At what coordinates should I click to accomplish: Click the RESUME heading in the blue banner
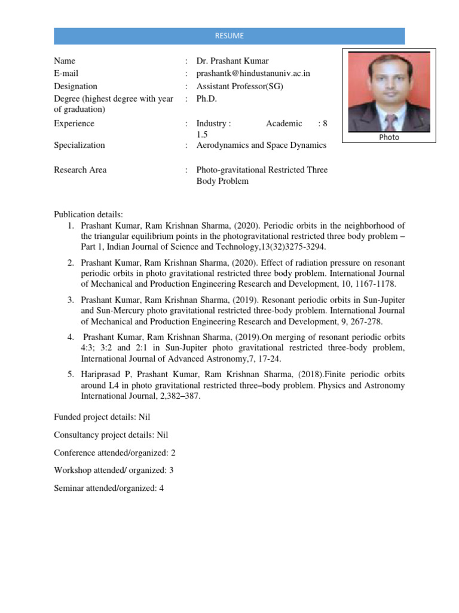pyautogui.click(x=229, y=36)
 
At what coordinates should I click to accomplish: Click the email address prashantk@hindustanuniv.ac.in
pyautogui.click(x=253, y=74)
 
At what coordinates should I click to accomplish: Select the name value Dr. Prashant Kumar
pyautogui.click(x=232, y=61)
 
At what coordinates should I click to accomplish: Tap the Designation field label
pyautogui.click(x=75, y=86)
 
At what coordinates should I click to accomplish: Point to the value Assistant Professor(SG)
pyautogui.click(x=240, y=86)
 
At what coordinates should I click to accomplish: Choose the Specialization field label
pyautogui.click(x=79, y=145)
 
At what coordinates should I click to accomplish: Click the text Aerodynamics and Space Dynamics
pyautogui.click(x=261, y=145)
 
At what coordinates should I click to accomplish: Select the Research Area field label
pyautogui.click(x=80, y=170)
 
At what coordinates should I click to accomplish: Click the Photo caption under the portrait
pyautogui.click(x=389, y=137)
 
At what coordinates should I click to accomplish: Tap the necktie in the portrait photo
pyautogui.click(x=390, y=122)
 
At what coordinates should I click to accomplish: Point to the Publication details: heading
pyautogui.click(x=88, y=214)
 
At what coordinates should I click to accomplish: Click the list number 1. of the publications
pyautogui.click(x=69, y=226)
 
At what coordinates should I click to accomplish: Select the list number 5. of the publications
pyautogui.click(x=69, y=375)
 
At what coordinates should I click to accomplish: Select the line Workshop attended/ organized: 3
pyautogui.click(x=114, y=471)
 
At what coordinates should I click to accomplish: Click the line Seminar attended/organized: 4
pyautogui.click(x=109, y=488)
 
